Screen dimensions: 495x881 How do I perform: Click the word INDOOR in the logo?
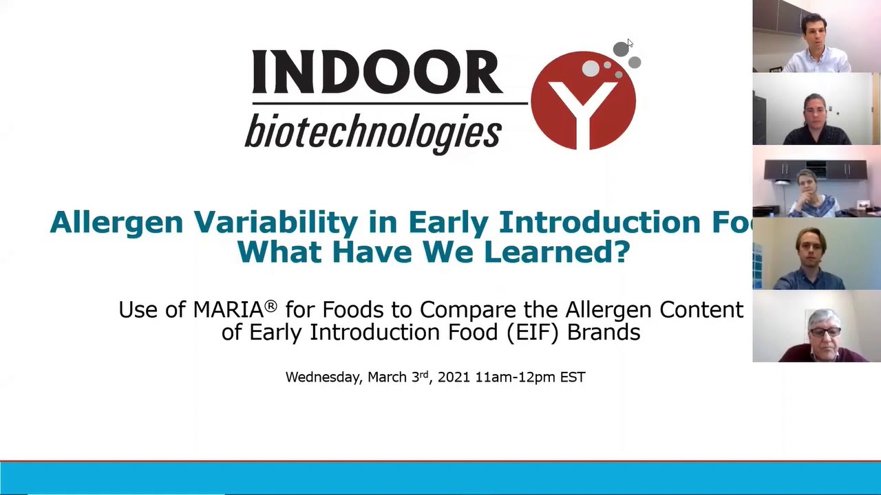(x=376, y=72)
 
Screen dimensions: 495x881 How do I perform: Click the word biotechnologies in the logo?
(x=372, y=131)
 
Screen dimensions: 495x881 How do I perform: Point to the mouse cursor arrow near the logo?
(x=629, y=43)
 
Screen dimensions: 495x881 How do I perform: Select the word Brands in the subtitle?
(x=604, y=332)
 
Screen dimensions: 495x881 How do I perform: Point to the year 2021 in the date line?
(x=454, y=377)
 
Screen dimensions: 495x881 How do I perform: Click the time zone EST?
(x=573, y=377)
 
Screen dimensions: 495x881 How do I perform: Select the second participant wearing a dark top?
(x=816, y=117)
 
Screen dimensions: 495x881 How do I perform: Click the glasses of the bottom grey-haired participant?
(x=824, y=332)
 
